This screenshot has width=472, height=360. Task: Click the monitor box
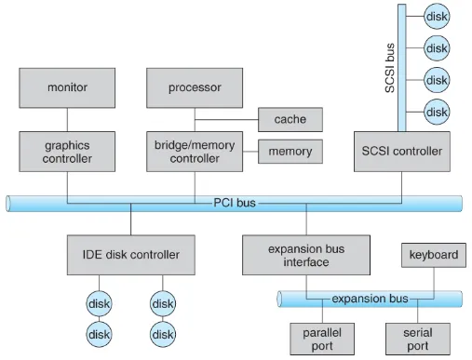pos(67,87)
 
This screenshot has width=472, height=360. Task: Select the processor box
pos(194,87)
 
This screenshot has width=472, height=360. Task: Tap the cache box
pos(290,119)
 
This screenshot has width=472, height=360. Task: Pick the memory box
pos(290,151)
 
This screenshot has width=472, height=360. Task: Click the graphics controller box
pos(67,150)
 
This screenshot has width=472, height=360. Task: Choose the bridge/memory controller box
pos(194,150)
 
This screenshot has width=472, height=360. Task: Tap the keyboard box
pos(434,255)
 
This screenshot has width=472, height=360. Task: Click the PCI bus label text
pos(233,201)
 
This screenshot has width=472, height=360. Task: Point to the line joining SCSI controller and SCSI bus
pos(400,129)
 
